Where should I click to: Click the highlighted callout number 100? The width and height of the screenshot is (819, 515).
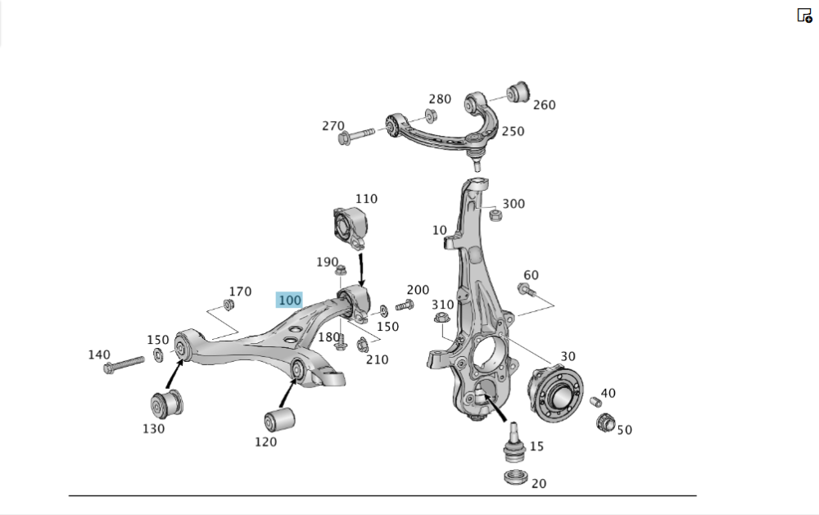pyautogui.click(x=290, y=300)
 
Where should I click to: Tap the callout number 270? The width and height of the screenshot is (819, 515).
pyautogui.click(x=333, y=125)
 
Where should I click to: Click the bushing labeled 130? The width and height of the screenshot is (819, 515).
pyautogui.click(x=167, y=404)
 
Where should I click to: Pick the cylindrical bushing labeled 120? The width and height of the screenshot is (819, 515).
pyautogui.click(x=279, y=421)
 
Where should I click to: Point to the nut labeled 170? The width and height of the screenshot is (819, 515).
pyautogui.click(x=230, y=305)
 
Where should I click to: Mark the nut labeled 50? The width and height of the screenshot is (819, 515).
pyautogui.click(x=606, y=423)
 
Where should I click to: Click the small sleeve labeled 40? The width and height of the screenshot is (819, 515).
pyautogui.click(x=596, y=401)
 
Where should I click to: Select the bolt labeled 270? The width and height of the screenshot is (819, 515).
pyautogui.click(x=354, y=135)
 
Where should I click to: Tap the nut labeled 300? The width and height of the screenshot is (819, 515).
pyautogui.click(x=495, y=215)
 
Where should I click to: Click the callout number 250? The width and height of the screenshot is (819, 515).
pyautogui.click(x=513, y=131)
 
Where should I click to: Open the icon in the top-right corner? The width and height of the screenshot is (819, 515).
pyautogui.click(x=804, y=15)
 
